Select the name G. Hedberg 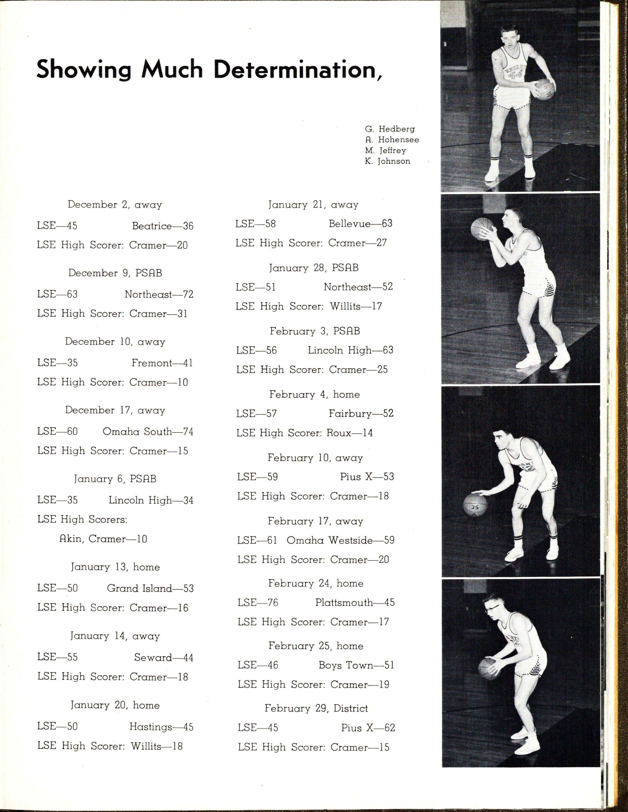(389, 129)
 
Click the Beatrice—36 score (163, 226)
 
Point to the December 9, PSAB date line (115, 273)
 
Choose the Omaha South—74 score (148, 432)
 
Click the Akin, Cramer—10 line (103, 539)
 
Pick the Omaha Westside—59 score (341, 540)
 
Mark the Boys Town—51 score (356, 665)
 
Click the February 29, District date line (316, 708)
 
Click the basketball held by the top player (543, 89)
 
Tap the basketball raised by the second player (483, 229)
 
